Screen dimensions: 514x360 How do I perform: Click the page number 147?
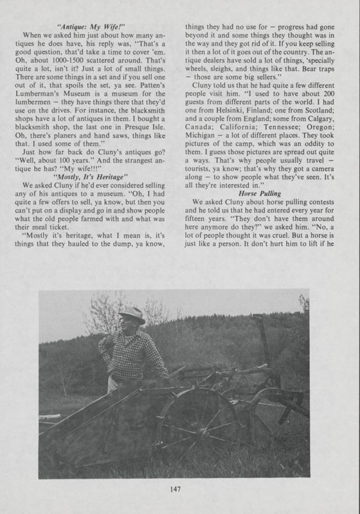[x=181, y=490]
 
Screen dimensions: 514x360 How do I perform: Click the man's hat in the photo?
[x=133, y=314]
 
